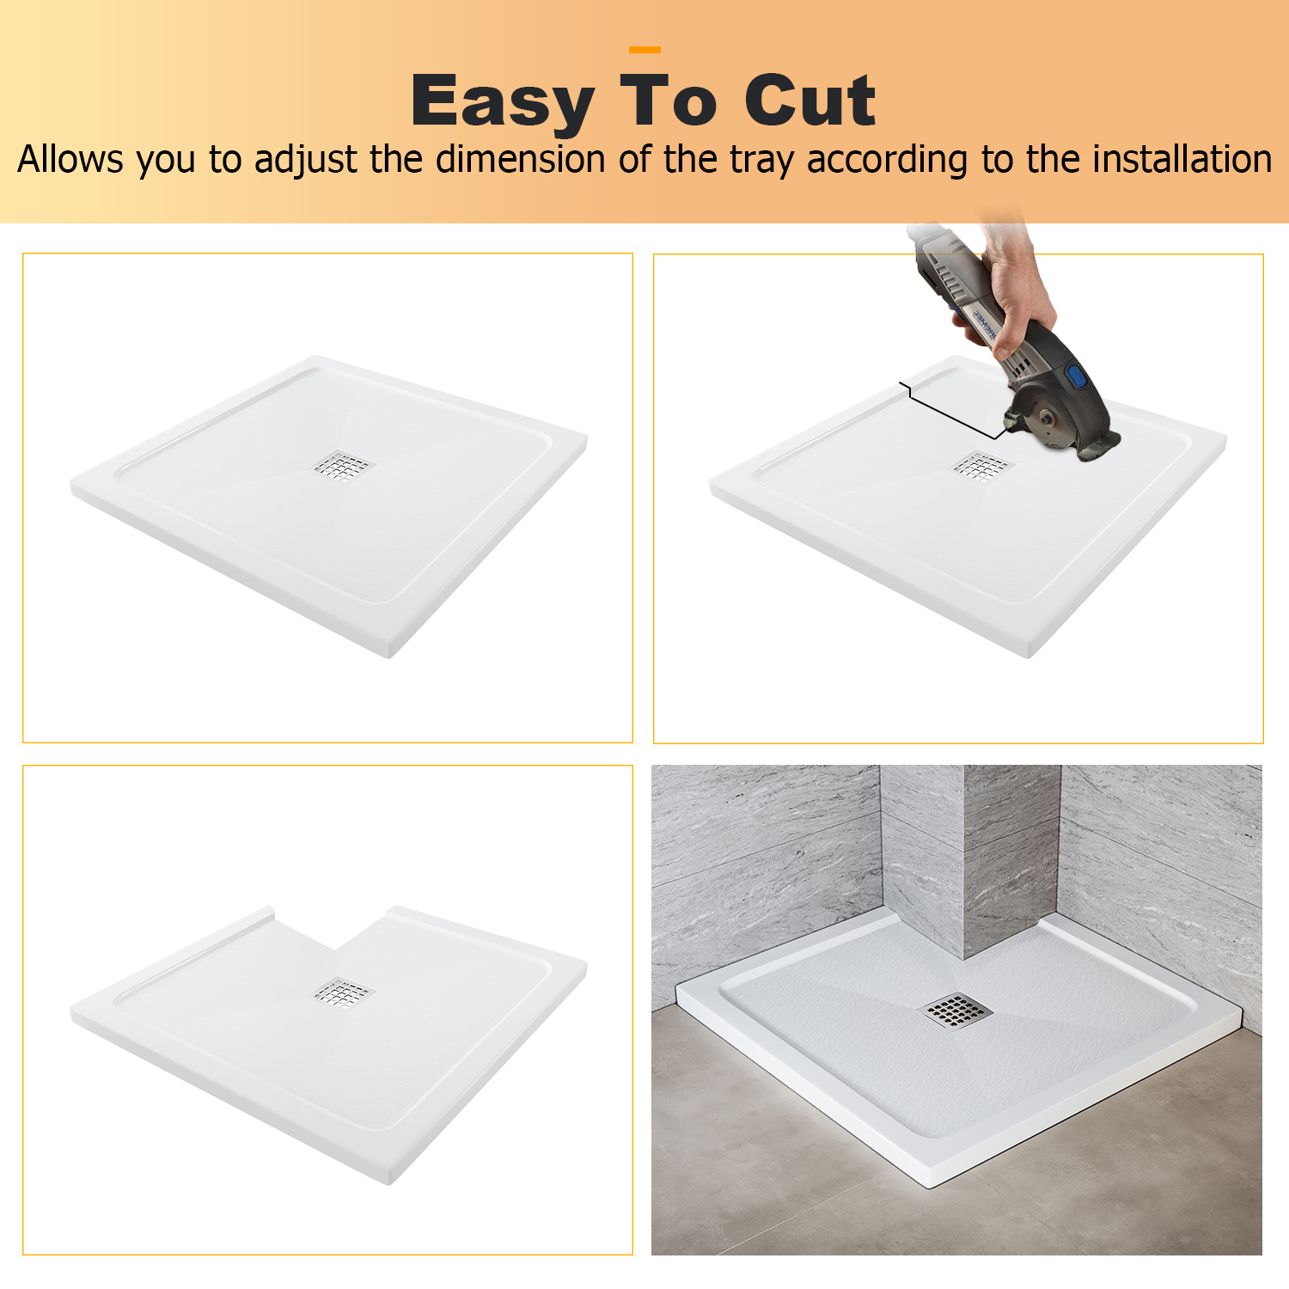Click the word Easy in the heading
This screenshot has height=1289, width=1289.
click(x=503, y=103)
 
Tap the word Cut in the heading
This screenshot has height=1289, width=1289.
click(x=809, y=101)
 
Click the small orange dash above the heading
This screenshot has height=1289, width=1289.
click(x=645, y=50)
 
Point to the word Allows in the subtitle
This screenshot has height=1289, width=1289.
click(x=70, y=159)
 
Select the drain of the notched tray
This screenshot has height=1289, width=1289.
click(x=343, y=993)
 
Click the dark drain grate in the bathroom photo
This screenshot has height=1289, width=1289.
click(x=957, y=1010)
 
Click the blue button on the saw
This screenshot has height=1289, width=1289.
click(x=1076, y=377)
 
